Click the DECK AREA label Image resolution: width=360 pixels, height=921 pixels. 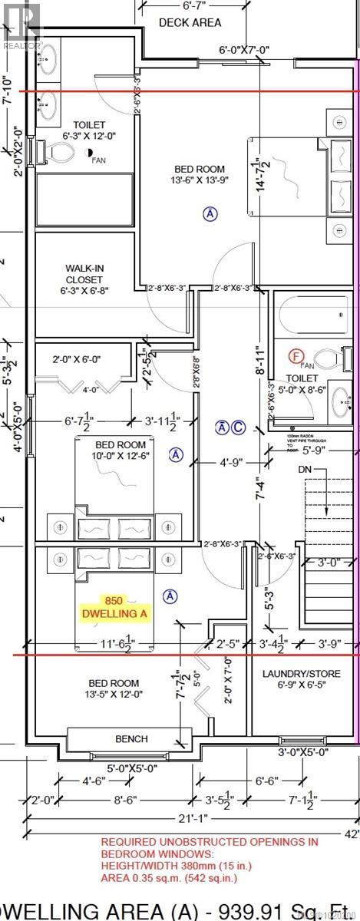pos(190,22)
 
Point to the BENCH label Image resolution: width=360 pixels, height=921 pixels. pos(131,738)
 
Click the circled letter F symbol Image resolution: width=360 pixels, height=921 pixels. pos(294,355)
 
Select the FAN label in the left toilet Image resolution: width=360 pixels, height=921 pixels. pos(98,160)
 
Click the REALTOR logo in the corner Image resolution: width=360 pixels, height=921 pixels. pos(21,23)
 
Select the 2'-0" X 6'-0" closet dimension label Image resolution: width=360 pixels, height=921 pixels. pos(81,359)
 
